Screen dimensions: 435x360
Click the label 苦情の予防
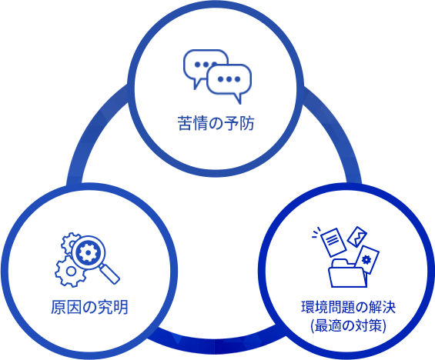(216, 124)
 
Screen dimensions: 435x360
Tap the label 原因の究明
(89, 307)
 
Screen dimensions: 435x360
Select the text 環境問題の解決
(348, 307)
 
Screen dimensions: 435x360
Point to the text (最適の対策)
(349, 325)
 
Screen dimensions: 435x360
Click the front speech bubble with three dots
(229, 81)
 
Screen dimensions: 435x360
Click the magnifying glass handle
(109, 274)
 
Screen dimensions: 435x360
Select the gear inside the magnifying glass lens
(88, 252)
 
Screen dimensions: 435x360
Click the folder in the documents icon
(347, 273)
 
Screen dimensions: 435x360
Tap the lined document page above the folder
(333, 242)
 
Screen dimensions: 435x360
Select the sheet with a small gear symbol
(367, 260)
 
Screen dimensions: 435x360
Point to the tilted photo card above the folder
(357, 237)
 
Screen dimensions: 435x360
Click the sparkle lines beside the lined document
(316, 232)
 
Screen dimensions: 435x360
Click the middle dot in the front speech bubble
(229, 79)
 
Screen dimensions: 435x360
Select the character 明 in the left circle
(120, 307)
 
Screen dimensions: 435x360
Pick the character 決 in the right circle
(388, 307)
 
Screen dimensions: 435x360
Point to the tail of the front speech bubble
(238, 98)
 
